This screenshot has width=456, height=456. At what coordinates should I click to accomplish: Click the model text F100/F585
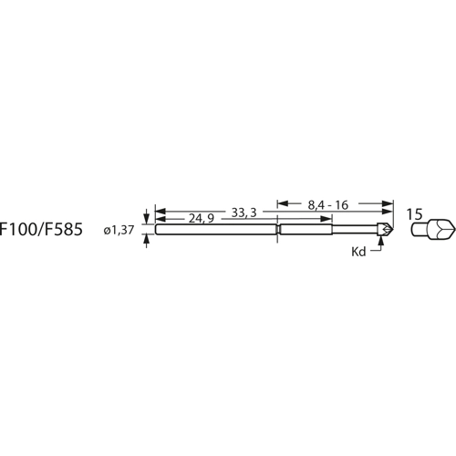pos(40,231)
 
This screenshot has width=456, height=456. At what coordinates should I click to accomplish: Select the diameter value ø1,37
pos(120,231)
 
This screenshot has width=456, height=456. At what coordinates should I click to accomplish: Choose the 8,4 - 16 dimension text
pos(329,205)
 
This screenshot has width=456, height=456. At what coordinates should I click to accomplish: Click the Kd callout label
pos(358,252)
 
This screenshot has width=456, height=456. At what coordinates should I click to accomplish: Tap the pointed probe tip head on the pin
pos(388,230)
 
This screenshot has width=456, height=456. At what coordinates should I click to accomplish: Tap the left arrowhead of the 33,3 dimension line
pos(160,212)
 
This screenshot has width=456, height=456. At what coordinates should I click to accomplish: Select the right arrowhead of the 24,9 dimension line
pos(273,220)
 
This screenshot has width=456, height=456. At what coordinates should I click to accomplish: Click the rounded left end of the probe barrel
pos(158,230)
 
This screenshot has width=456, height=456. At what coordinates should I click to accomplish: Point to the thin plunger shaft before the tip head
pos(369,230)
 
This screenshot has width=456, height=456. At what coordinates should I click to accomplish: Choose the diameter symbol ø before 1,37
pos(108,232)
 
